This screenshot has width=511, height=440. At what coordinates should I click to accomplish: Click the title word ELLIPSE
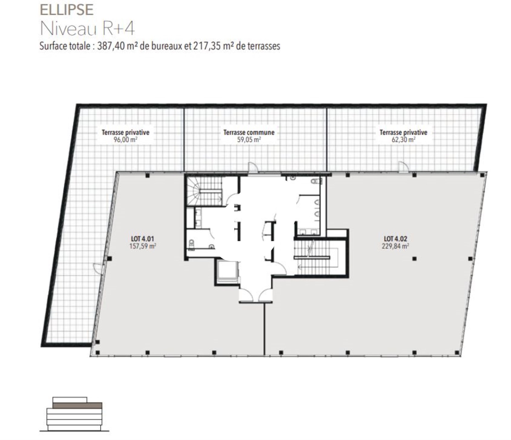[67, 10]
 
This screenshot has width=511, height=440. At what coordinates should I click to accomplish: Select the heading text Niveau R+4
[88, 29]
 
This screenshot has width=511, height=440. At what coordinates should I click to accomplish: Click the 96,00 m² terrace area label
[125, 140]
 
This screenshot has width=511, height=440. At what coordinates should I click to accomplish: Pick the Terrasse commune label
[249, 133]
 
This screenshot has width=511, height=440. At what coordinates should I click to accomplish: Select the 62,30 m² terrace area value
[403, 140]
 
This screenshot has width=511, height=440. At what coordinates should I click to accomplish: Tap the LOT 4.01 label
[142, 239]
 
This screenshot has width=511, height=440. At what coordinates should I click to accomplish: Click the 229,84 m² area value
[395, 246]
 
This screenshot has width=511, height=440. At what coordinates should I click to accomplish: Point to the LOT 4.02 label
[395, 239]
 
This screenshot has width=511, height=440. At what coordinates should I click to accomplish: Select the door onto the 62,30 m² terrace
[404, 167]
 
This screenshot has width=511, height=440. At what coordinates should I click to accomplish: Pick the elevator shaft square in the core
[227, 271]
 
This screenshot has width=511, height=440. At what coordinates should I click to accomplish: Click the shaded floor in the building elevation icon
[78, 405]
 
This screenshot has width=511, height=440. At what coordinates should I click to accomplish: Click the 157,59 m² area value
[143, 246]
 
